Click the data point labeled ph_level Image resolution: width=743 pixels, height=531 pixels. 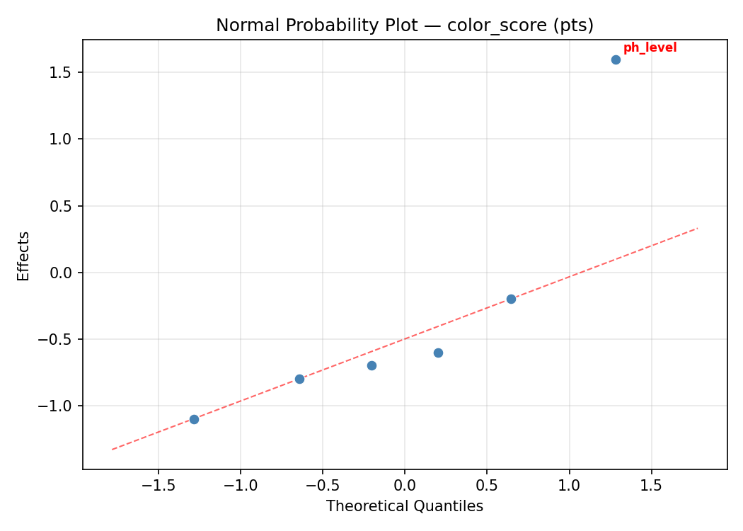click(616, 59)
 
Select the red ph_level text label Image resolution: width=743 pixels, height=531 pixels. click(650, 48)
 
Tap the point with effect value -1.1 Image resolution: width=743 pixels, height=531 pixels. click(194, 419)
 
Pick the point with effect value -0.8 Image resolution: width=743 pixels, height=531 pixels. click(299, 379)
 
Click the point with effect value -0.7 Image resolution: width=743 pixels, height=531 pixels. click(371, 365)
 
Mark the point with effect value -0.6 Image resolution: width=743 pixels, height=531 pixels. click(438, 353)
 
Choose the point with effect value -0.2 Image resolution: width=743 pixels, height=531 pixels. click(511, 299)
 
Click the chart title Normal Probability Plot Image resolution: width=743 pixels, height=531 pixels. click(405, 25)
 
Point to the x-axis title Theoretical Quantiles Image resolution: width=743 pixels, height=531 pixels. click(405, 506)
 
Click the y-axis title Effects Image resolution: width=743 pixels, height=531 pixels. click(24, 256)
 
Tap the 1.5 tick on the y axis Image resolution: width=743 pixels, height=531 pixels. click(64, 73)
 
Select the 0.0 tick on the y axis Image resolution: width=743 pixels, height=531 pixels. click(64, 273)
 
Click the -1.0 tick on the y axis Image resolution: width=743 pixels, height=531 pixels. click(60, 406)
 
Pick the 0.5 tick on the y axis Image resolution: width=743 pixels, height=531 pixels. click(64, 206)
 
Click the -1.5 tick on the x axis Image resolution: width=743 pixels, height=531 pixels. click(158, 486)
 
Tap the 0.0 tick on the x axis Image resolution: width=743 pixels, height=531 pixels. click(405, 486)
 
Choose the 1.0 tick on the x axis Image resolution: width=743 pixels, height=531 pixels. click(569, 486)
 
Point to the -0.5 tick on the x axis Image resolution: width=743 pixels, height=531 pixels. click(322, 486)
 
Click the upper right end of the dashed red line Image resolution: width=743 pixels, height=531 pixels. click(698, 228)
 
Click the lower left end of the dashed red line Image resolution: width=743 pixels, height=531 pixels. click(112, 449)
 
